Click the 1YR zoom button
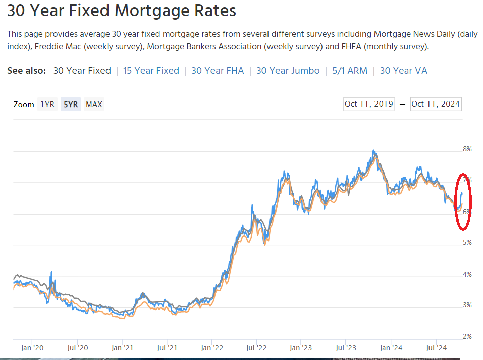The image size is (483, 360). click(x=47, y=105)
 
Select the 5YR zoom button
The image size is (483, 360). click(x=71, y=105)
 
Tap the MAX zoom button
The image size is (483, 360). click(x=94, y=105)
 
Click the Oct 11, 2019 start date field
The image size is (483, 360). click(x=369, y=104)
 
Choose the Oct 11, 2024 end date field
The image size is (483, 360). click(x=436, y=104)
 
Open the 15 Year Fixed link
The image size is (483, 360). click(x=151, y=71)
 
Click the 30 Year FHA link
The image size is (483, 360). click(x=218, y=71)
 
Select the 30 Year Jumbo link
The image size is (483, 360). click(x=288, y=71)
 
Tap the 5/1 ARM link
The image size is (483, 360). click(x=350, y=71)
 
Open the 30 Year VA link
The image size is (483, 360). click(x=403, y=71)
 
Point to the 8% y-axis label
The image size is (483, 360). click(x=467, y=149)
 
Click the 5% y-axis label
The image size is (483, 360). click(x=467, y=243)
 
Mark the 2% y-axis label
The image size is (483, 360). click(x=467, y=336)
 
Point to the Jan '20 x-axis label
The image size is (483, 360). click(x=33, y=347)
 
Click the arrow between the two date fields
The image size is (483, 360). click(x=402, y=104)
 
